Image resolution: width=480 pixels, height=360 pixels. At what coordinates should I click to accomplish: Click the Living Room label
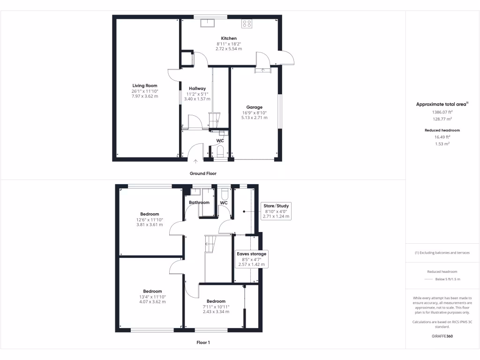[x=144, y=85]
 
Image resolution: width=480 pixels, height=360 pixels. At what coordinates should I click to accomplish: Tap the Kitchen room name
[x=229, y=38]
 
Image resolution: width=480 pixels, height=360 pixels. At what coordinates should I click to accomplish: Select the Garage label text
[x=255, y=107]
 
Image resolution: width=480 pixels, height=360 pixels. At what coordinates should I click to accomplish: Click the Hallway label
[x=197, y=88]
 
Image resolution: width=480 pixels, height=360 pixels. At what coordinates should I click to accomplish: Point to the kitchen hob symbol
[x=247, y=23]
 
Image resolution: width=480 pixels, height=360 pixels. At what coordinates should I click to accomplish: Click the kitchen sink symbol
[x=207, y=23]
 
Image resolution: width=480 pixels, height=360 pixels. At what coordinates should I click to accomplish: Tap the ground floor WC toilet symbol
[x=220, y=151]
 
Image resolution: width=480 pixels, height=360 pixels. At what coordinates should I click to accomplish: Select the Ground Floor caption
[x=203, y=173]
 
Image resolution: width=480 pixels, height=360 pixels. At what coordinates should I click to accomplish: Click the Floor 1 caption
[x=203, y=343]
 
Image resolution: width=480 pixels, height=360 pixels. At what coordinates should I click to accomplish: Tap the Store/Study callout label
[x=277, y=206]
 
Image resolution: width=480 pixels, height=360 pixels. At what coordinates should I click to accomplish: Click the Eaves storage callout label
[x=251, y=254]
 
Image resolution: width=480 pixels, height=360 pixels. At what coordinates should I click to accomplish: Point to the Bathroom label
[x=199, y=202]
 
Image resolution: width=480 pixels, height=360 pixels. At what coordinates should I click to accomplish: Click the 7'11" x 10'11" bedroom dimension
[x=216, y=307]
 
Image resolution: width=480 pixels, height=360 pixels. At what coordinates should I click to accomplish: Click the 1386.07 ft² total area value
[x=442, y=112]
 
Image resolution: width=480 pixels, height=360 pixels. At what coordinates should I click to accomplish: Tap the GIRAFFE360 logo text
[x=442, y=336]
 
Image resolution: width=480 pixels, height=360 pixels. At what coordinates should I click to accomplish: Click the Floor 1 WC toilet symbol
[x=224, y=193]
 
